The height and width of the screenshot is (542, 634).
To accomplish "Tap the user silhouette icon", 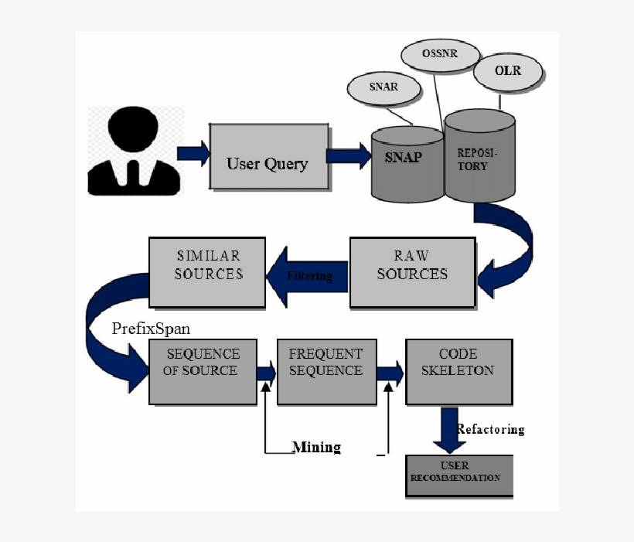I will tap(135, 152).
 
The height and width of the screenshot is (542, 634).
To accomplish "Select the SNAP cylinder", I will tap(404, 163).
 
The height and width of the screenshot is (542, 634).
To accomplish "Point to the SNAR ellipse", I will tap(383, 87).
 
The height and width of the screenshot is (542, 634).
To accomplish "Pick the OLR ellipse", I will tap(508, 71).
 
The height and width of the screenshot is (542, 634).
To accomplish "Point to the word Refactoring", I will tap(490, 429).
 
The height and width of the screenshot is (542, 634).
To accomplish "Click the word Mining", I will tap(315, 447).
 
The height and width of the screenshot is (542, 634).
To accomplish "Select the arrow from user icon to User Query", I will tap(193, 152).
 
